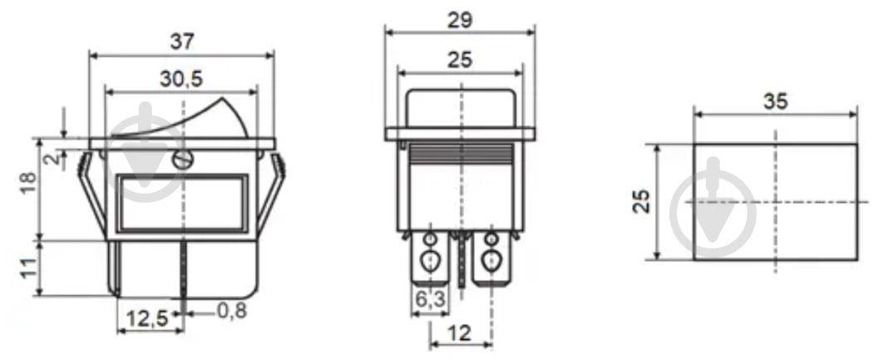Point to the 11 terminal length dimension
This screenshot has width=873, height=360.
27,268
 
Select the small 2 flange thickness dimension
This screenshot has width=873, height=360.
52,158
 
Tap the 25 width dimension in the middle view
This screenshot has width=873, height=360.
459,59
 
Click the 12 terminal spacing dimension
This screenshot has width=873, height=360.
458,333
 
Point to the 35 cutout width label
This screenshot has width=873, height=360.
776,102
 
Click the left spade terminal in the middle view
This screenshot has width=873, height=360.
430,263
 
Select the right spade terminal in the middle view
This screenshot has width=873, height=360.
491,263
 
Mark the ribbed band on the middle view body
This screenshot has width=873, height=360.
459,152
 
